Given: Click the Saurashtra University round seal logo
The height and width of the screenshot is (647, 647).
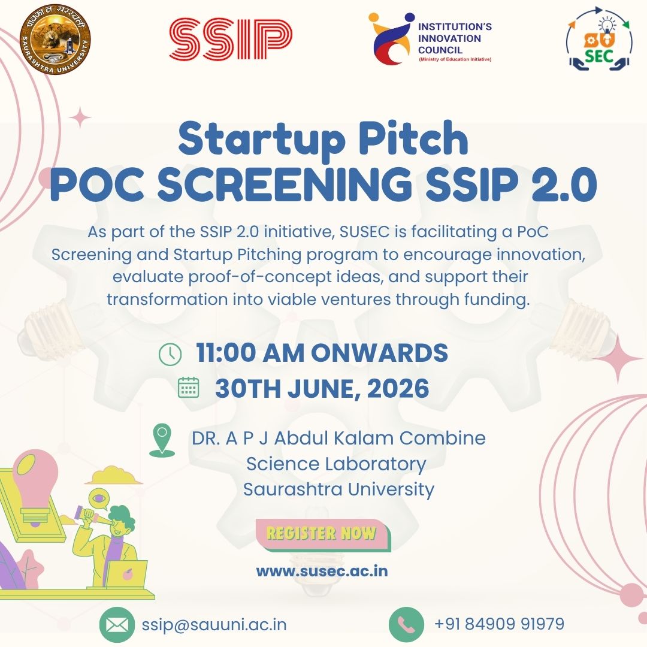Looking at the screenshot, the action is [x=55, y=40].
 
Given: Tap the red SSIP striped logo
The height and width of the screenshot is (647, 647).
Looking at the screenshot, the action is [x=231, y=39].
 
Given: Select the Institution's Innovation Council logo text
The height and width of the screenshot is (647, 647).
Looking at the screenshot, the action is [x=455, y=41].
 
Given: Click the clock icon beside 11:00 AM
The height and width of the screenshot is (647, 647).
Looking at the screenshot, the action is [x=170, y=354].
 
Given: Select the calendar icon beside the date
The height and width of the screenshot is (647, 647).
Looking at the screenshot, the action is [x=189, y=387].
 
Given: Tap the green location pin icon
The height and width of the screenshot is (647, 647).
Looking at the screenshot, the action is [x=162, y=441].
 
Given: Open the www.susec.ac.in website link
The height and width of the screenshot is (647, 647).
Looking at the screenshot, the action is [x=322, y=571].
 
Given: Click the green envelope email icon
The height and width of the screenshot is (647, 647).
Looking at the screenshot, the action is [x=117, y=625].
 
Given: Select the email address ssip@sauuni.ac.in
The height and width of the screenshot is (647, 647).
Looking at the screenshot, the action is [x=214, y=625].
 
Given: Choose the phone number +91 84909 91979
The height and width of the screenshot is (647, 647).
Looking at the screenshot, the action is [x=499, y=624].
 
